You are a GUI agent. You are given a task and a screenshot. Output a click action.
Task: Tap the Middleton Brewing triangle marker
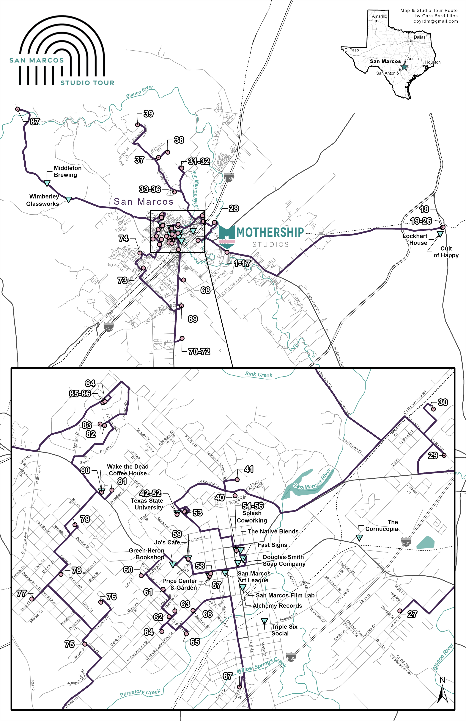(x=47, y=183)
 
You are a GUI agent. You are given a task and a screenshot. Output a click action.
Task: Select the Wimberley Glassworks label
(x=43, y=200)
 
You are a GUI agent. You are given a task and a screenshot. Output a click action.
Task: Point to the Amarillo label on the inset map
(x=380, y=16)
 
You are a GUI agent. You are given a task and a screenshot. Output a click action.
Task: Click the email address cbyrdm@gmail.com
(x=436, y=21)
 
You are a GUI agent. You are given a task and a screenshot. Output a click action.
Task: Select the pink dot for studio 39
(x=137, y=124)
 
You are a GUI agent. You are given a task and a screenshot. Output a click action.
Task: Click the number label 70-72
(x=199, y=351)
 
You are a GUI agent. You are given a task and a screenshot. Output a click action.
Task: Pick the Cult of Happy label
(x=446, y=252)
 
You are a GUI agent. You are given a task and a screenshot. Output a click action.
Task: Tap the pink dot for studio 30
(x=433, y=409)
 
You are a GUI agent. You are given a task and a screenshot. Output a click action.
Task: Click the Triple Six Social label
(x=284, y=630)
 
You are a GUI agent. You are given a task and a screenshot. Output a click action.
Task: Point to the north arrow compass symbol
(x=442, y=691)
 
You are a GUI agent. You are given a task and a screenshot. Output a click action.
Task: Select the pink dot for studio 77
(x=32, y=599)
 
